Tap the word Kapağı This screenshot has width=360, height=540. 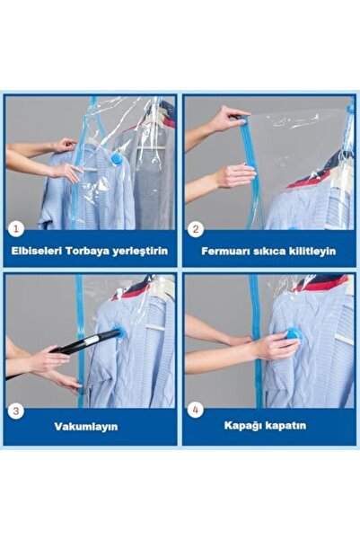250,428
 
